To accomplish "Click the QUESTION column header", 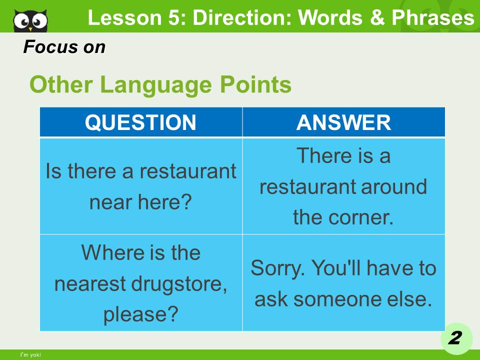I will pyautogui.click(x=140, y=122).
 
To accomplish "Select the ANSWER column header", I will pyautogui.click(x=343, y=122).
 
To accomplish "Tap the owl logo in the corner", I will pyautogui.click(x=30, y=20).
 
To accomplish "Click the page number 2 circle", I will pyautogui.click(x=454, y=338).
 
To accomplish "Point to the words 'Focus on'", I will pyautogui.click(x=64, y=47).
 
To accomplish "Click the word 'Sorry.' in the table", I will pyautogui.click(x=277, y=268).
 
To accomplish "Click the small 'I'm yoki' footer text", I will pyautogui.click(x=30, y=355).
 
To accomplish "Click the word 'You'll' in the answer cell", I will pyautogui.click(x=338, y=268).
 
